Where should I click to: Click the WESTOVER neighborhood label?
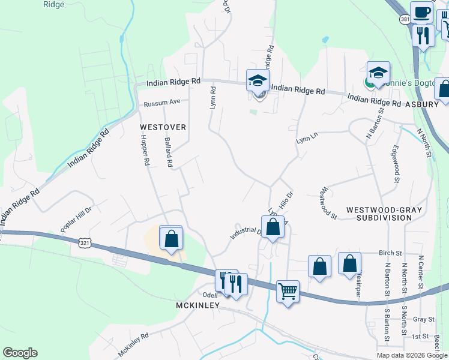coord(163,127)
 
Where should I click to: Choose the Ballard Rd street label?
coord(169,154)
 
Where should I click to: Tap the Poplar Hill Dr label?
coord(76,220)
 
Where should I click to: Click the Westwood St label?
coord(328,202)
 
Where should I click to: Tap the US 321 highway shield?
coord(85,241)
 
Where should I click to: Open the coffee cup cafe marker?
coord(421,12)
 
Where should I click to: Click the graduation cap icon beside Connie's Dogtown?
coord(379,73)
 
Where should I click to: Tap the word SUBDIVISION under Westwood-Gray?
coord(384,218)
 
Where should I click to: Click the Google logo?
coord(20,353)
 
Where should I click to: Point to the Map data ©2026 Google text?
coord(412,355)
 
